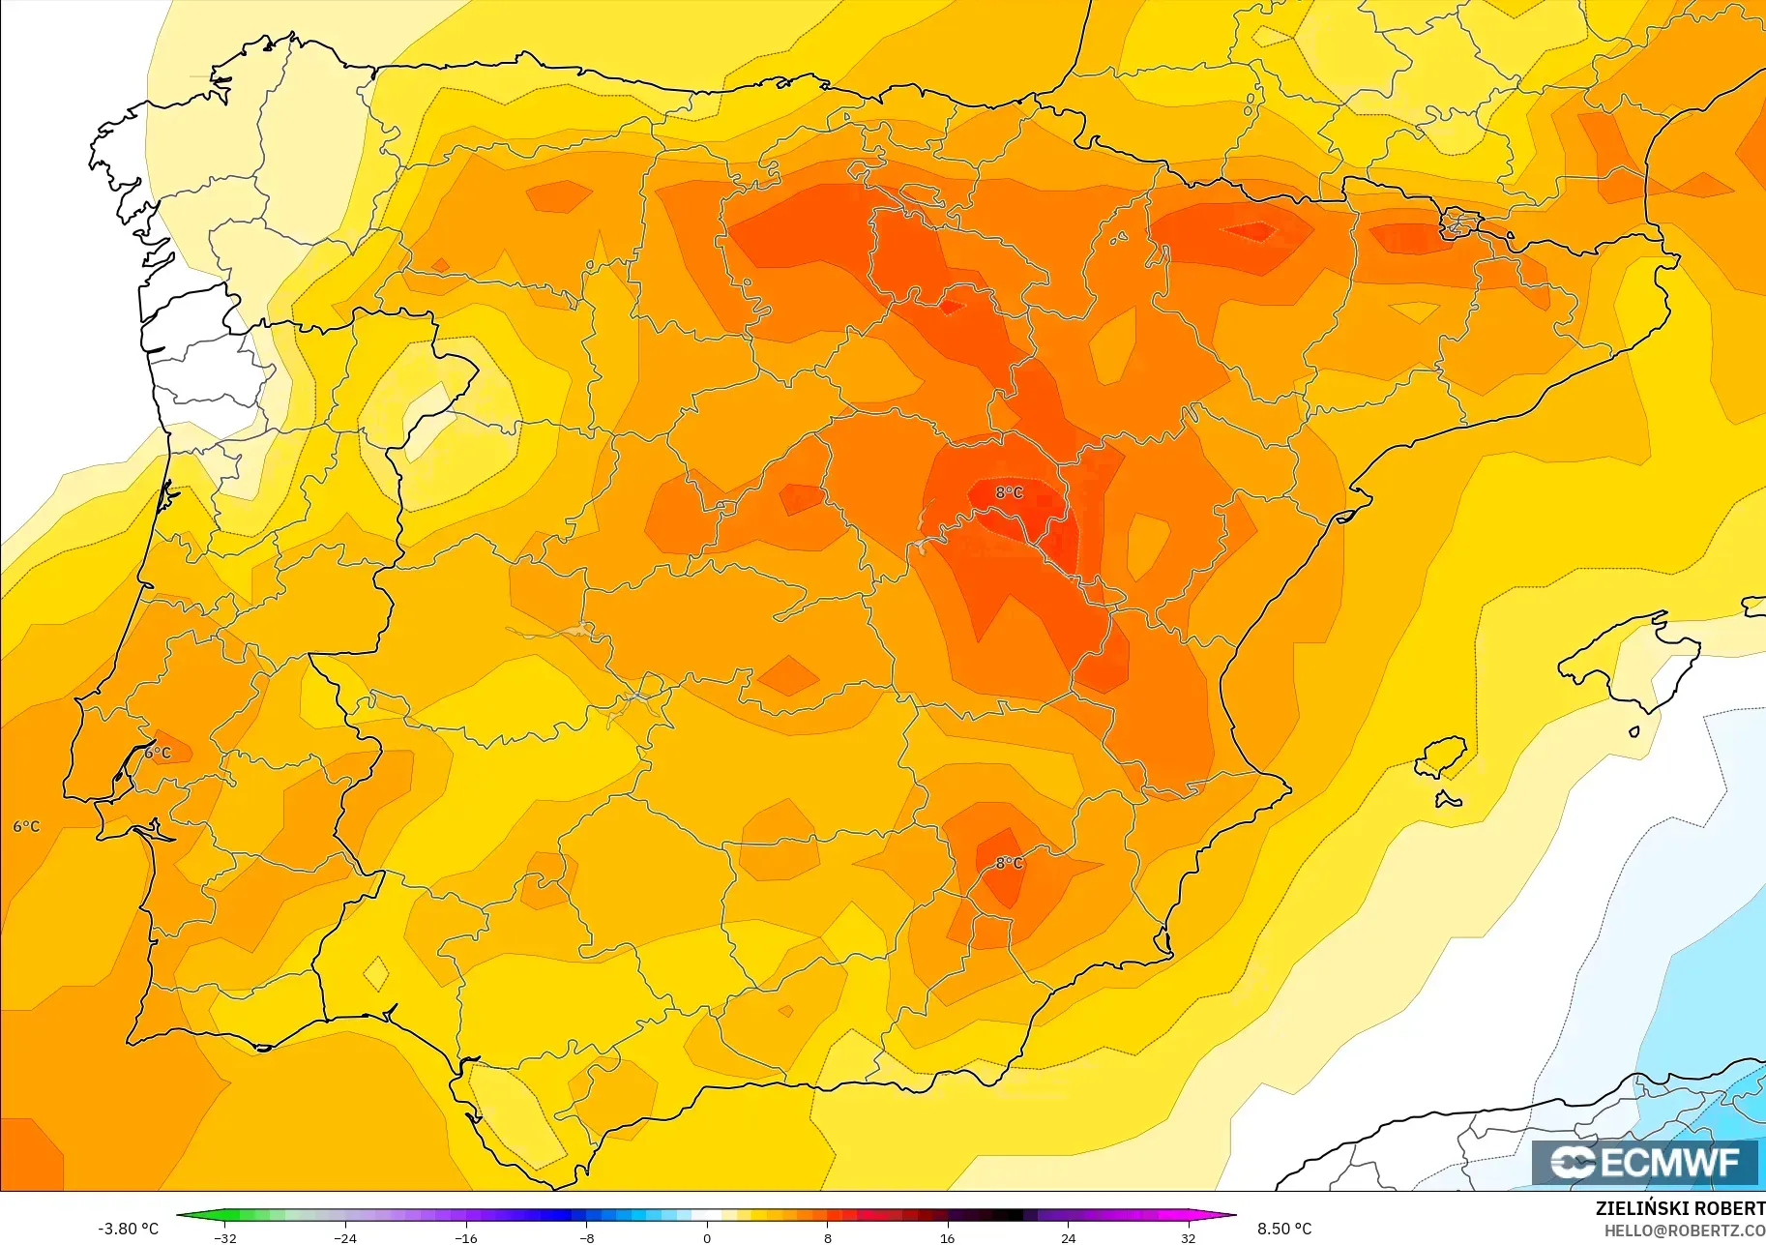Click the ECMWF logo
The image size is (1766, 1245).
click(1644, 1162)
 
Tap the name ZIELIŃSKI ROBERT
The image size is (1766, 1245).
click(1680, 1208)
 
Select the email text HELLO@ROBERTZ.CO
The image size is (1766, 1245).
click(1684, 1230)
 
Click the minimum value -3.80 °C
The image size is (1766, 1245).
click(128, 1229)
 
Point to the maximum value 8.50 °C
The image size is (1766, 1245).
click(1284, 1229)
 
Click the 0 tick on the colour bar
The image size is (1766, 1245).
click(707, 1237)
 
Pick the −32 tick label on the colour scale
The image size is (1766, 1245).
click(225, 1237)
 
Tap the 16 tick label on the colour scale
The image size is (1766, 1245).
click(947, 1237)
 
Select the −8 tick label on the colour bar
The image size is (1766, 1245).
click(586, 1237)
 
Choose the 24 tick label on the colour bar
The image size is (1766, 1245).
click(1068, 1237)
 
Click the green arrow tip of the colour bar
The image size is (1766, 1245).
click(183, 1215)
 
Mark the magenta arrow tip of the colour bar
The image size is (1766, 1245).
click(1230, 1215)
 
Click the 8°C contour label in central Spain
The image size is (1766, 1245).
click(1009, 492)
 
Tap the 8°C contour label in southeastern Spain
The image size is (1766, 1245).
click(1009, 863)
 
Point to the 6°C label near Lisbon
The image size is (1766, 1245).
click(158, 753)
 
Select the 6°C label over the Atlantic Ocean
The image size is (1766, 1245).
click(26, 826)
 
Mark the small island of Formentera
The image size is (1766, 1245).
click(1448, 800)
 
